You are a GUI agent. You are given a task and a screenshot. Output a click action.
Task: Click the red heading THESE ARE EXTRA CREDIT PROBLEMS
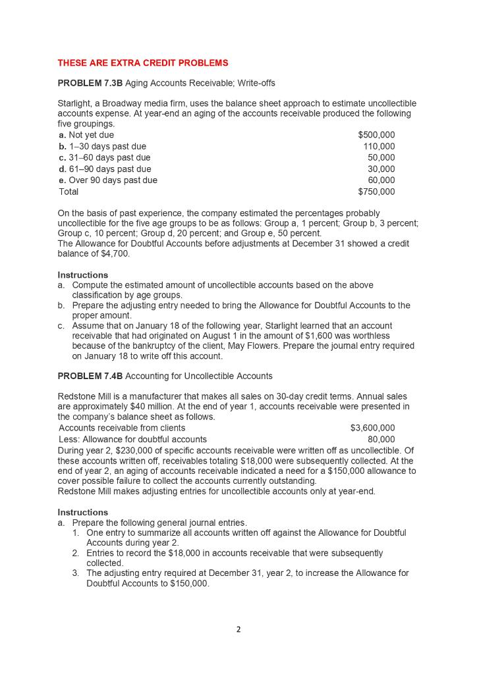pyautogui.click(x=143, y=63)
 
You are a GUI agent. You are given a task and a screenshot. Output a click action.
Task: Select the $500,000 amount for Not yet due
pyautogui.click(x=376, y=135)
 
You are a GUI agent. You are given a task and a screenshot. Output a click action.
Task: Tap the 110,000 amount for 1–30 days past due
pyautogui.click(x=379, y=146)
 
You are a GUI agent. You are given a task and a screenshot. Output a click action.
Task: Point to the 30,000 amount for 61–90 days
pyautogui.click(x=381, y=169)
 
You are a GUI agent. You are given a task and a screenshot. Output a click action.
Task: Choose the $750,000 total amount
pyautogui.click(x=376, y=192)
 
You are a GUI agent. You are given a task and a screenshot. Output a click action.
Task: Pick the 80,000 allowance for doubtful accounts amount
pyautogui.click(x=381, y=439)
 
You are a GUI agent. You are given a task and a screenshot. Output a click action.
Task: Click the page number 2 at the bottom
pyautogui.click(x=238, y=629)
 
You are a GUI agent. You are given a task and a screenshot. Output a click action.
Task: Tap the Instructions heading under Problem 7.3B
pyautogui.click(x=83, y=274)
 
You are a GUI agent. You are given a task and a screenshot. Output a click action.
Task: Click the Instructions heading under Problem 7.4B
pyautogui.click(x=83, y=512)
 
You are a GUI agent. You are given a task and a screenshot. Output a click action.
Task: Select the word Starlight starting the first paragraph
pyautogui.click(x=75, y=103)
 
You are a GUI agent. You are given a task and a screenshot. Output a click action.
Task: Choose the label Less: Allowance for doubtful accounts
pyautogui.click(x=132, y=439)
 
